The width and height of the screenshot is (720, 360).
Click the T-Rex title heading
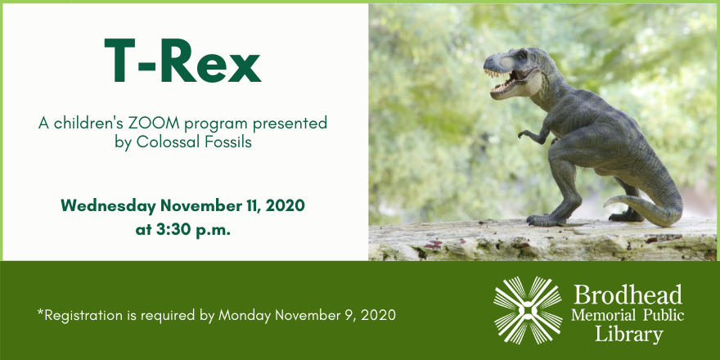(x=182, y=61)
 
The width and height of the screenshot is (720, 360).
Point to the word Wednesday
(x=108, y=206)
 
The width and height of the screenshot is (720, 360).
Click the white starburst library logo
(x=528, y=310)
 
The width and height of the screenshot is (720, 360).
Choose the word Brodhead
(x=628, y=295)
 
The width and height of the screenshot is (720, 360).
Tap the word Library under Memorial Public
(x=628, y=334)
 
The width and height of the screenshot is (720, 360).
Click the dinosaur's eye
(x=522, y=57)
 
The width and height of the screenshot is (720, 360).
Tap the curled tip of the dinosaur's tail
(x=610, y=203)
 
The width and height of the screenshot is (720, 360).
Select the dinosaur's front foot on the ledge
(x=544, y=219)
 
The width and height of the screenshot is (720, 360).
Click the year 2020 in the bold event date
(x=285, y=206)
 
